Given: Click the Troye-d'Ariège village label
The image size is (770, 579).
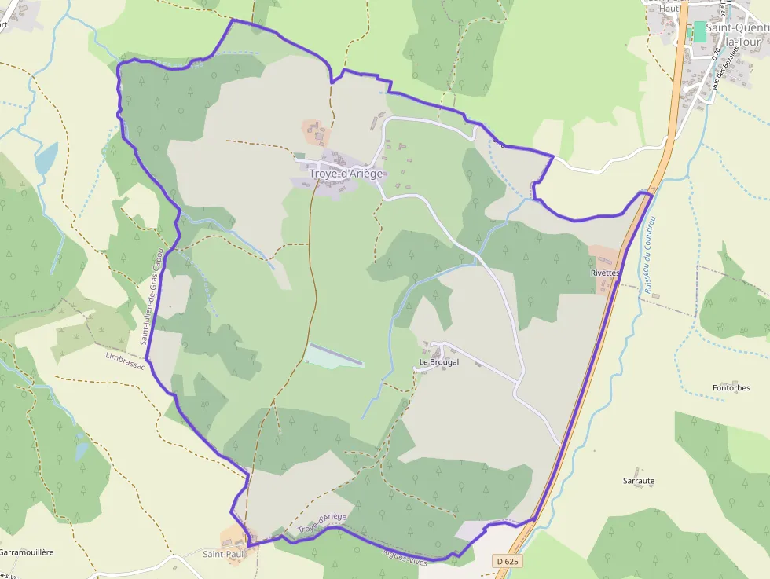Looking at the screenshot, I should tap(346, 174).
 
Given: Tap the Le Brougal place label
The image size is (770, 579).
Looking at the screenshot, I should tap(438, 362).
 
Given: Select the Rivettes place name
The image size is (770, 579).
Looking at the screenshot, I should tap(605, 273).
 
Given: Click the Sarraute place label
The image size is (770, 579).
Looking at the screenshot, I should tap(639, 481).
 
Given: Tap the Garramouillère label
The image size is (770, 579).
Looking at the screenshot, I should tap(27, 552).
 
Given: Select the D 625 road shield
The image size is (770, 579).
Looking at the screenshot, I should tap(508, 561).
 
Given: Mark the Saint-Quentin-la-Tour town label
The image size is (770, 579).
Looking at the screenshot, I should tap(736, 34).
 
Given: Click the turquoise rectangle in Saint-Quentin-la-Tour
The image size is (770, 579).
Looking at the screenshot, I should tap(698, 32).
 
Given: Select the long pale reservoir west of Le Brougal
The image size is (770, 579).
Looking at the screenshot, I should tap(334, 355).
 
